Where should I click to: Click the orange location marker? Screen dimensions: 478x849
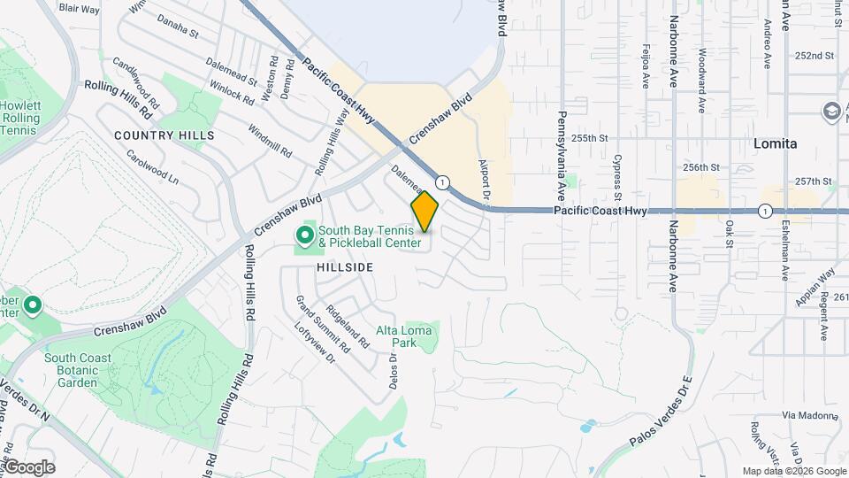tap(424, 212)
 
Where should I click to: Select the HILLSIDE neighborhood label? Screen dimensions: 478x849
tap(341, 267)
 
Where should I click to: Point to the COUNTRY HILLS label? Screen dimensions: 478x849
tap(164, 135)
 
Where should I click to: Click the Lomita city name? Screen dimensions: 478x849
tap(776, 143)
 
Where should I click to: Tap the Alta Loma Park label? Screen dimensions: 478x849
tap(404, 336)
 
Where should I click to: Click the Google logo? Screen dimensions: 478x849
tap(28, 467)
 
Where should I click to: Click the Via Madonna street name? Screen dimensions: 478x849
tap(808, 414)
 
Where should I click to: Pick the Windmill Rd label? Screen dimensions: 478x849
tap(270, 141)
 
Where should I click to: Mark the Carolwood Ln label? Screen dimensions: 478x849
tap(152, 166)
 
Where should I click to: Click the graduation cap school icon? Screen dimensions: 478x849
tap(832, 112)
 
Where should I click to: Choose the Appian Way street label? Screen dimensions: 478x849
tap(815, 288)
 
